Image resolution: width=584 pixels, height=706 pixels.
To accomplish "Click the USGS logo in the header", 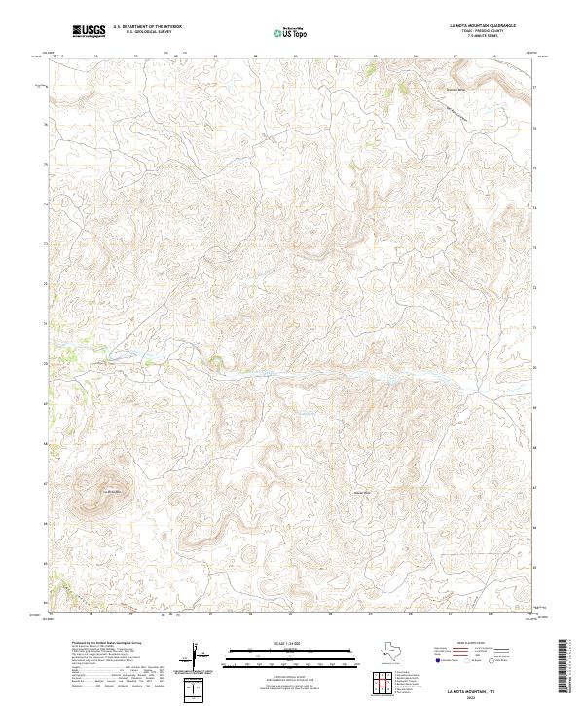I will [x=90, y=31].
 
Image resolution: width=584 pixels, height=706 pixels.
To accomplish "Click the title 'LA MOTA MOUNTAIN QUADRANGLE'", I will [x=483, y=25].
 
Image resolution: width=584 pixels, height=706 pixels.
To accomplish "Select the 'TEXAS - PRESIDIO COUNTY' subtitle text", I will [x=483, y=31].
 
